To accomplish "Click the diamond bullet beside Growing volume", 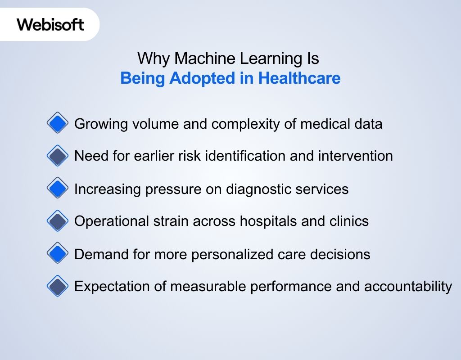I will [57, 123].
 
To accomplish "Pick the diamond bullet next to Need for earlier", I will [57, 156].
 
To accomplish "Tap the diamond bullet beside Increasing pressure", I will [57, 189].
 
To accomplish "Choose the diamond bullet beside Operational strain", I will [57, 221].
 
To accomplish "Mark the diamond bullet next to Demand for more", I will [57, 254].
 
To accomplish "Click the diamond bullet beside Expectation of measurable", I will [57, 286].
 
